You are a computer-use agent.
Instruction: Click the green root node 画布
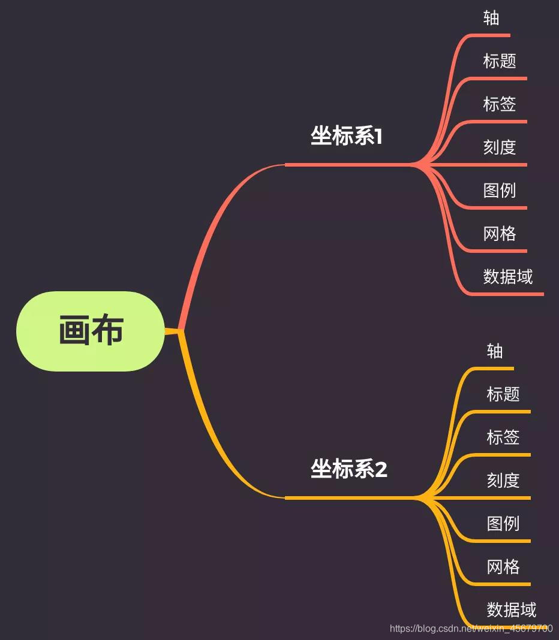point(91,331)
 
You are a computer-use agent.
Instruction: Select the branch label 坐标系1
point(346,137)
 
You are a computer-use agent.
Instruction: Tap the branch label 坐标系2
point(348,469)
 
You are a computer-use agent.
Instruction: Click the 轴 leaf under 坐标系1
point(491,18)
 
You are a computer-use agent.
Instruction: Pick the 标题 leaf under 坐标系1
point(500,61)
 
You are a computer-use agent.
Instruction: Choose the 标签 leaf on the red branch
point(500,104)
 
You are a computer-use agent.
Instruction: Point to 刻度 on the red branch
point(500,147)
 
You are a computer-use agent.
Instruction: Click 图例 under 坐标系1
point(500,191)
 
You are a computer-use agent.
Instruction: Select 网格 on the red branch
point(500,234)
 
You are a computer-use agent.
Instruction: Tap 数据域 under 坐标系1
point(508,277)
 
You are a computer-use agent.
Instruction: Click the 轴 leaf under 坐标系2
point(495,351)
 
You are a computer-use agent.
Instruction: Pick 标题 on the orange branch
point(503,394)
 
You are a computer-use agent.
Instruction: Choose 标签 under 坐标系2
point(503,437)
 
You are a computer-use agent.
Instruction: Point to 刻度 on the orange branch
point(503,481)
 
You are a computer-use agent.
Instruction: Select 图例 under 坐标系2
point(503,524)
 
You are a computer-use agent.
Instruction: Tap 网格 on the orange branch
point(503,567)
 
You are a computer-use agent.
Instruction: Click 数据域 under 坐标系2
point(512,610)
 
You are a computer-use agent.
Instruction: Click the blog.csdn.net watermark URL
point(471,629)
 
